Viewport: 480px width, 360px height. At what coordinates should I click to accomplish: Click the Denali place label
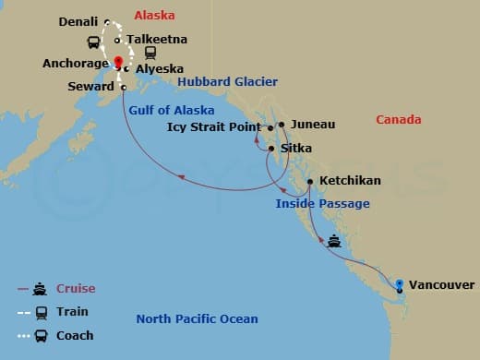pyautogui.click(x=78, y=21)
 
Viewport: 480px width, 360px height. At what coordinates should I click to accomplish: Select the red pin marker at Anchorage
pyautogui.click(x=118, y=63)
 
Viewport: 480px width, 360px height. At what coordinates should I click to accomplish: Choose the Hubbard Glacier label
pyautogui.click(x=227, y=82)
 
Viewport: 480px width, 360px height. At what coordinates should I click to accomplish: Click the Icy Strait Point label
pyautogui.click(x=214, y=127)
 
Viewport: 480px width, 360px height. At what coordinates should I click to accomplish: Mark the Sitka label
pyautogui.click(x=296, y=148)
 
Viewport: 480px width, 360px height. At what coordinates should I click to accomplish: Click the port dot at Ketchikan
pyautogui.click(x=310, y=181)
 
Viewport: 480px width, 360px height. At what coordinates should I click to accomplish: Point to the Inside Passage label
pyautogui.click(x=322, y=203)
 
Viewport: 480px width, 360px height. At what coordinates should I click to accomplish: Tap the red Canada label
pyautogui.click(x=399, y=120)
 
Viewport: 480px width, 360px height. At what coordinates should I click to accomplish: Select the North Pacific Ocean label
pyautogui.click(x=197, y=319)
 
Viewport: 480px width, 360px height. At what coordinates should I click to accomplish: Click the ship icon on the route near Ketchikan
pyautogui.click(x=335, y=242)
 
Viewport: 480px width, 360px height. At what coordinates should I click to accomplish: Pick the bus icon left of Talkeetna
pyautogui.click(x=93, y=42)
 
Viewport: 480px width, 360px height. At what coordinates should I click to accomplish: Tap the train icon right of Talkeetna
pyautogui.click(x=150, y=54)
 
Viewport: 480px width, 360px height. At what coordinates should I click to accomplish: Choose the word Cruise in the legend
pyautogui.click(x=76, y=289)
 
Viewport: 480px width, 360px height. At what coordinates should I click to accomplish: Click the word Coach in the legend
pyautogui.click(x=76, y=335)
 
